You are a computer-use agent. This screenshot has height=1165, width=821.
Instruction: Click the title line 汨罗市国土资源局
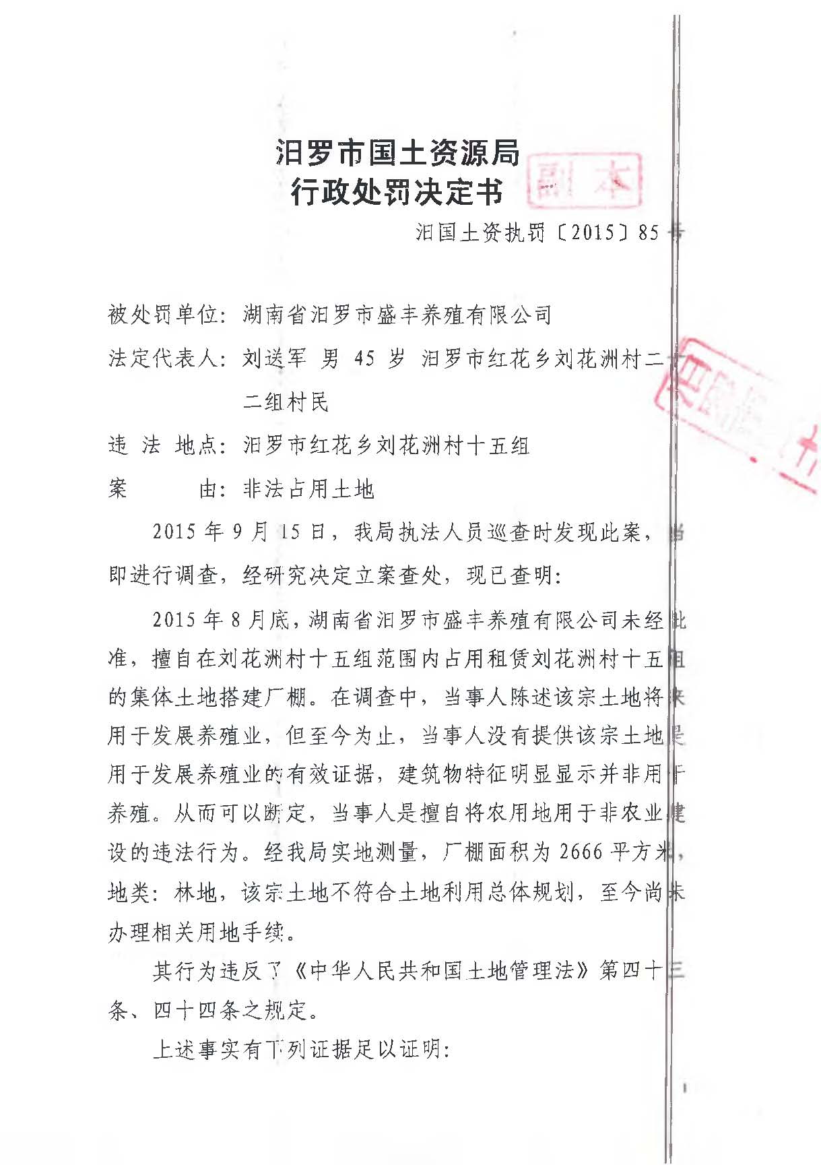397,154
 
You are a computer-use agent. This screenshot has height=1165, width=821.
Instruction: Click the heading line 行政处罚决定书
397,193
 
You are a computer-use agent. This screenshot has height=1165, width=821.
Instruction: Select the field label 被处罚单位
164,315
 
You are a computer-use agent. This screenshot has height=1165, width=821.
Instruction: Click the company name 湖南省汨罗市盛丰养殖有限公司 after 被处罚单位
397,315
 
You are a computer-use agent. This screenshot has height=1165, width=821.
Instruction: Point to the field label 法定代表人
164,358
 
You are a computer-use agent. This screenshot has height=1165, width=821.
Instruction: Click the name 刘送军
274,358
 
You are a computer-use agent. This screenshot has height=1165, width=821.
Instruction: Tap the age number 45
364,358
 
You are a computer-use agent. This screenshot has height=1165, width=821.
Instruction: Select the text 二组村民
286,402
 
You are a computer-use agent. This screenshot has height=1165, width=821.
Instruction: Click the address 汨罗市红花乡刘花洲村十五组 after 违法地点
386,445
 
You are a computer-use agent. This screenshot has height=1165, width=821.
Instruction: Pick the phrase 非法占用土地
308,489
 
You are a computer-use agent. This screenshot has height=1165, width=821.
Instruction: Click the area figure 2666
581,852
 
